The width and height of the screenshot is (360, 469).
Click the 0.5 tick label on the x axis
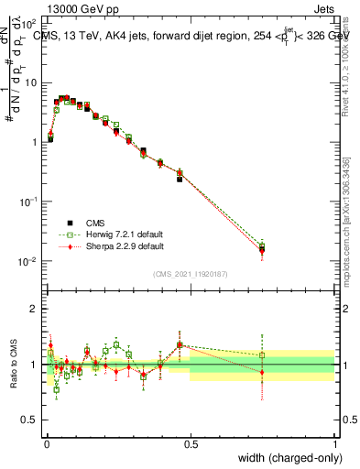191,442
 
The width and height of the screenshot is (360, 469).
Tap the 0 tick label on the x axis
46,442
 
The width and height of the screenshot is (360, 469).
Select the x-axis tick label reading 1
334,442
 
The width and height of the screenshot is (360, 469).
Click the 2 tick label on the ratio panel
35,308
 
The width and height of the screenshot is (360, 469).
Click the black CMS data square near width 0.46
180,179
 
